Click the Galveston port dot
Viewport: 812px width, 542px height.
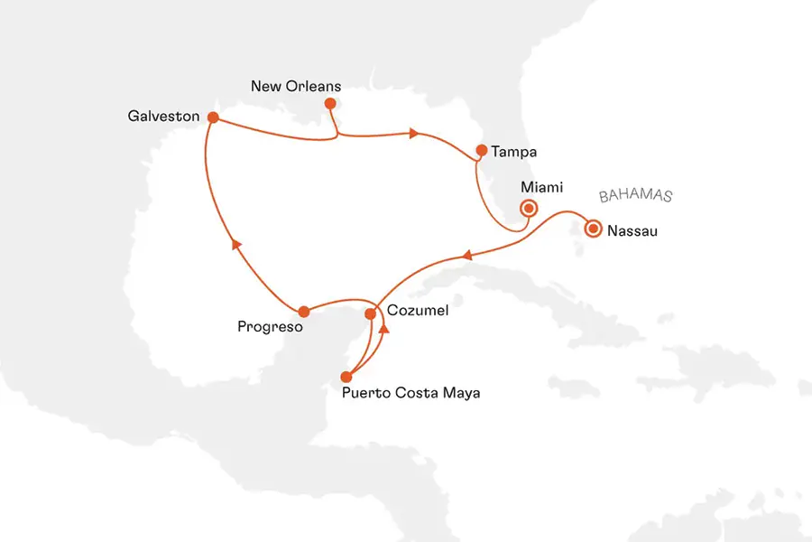212,117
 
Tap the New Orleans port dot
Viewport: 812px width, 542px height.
329,104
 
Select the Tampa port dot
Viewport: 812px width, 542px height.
482,150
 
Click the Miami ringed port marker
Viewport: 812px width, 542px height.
529,208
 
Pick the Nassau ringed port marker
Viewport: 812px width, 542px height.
593,229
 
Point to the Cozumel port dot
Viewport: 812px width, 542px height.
370,314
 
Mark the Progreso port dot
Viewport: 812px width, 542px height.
304,312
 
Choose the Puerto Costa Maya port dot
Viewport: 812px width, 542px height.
346,377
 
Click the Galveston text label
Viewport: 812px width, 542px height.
163,117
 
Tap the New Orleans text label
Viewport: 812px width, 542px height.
295,87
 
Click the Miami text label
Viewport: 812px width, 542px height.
542,187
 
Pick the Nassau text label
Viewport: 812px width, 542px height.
632,230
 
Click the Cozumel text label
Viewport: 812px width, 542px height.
417,310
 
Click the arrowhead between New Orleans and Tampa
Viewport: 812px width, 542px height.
414,134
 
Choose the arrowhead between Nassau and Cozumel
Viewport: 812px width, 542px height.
466,257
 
